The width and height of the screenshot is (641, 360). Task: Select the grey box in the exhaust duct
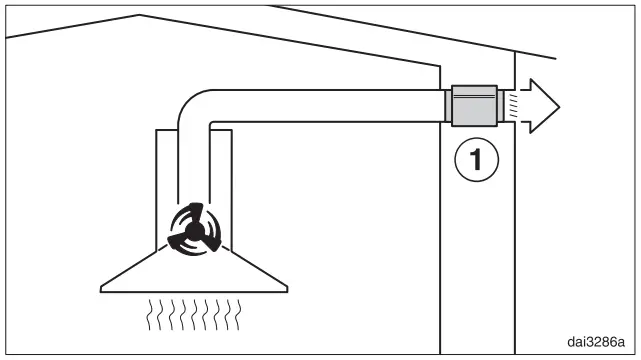(475, 104)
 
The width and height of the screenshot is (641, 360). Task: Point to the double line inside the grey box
(475, 97)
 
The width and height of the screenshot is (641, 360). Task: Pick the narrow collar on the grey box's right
(503, 104)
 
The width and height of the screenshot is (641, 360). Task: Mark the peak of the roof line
(139, 15)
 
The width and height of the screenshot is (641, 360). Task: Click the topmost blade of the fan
(197, 215)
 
